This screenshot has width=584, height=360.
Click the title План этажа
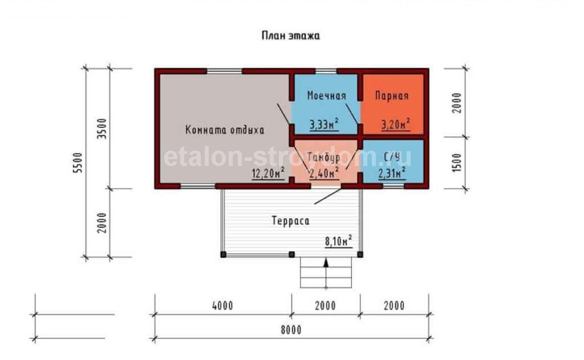click(x=290, y=36)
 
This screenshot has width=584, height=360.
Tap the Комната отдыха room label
click(x=225, y=130)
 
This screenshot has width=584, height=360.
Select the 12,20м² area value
click(x=268, y=173)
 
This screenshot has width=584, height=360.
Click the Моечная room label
click(x=327, y=96)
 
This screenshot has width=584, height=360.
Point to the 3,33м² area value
click(x=324, y=124)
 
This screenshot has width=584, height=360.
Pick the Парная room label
click(x=392, y=96)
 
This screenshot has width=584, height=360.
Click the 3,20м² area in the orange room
click(x=396, y=124)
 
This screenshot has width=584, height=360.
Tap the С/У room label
click(x=392, y=157)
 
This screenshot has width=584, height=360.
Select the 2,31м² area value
click(x=392, y=173)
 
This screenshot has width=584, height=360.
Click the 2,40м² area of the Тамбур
click(x=324, y=173)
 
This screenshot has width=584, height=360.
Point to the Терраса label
click(x=290, y=221)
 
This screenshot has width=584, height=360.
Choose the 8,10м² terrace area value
click(x=338, y=241)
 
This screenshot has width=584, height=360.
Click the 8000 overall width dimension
click(x=291, y=330)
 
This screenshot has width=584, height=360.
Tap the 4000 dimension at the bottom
click(x=223, y=306)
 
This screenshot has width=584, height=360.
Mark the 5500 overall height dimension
click(x=78, y=163)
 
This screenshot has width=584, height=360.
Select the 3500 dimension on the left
click(x=102, y=128)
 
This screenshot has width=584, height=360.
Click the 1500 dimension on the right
click(x=457, y=163)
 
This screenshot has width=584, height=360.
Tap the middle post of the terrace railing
click(x=292, y=254)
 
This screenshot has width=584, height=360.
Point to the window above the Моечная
click(x=326, y=71)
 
